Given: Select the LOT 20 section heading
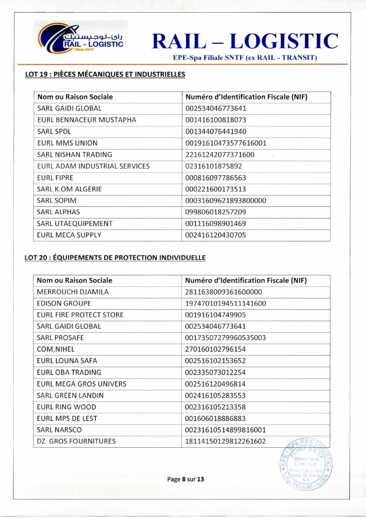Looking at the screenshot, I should [115, 257].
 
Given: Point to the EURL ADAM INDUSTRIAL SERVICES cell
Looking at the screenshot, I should [94, 166].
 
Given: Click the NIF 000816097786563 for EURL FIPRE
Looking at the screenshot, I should [216, 178].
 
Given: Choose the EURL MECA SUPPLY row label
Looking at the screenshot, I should [69, 235].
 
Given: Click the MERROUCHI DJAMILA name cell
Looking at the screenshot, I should [73, 292].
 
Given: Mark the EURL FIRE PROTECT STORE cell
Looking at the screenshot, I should [80, 315].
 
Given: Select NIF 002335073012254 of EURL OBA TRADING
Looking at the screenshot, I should [216, 372].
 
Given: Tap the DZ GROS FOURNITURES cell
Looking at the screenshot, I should [76, 441].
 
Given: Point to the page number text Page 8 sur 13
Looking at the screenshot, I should [186, 479].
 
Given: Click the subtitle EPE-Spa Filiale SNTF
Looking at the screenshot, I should [245, 58].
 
